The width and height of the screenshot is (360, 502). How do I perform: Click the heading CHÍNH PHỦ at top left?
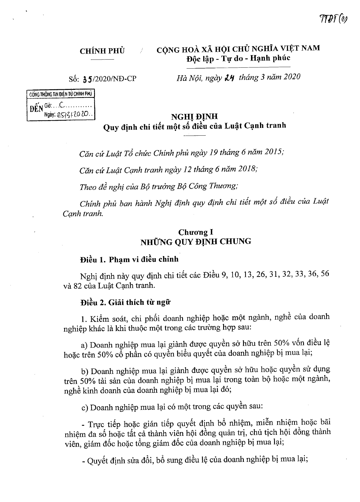pos(102,51)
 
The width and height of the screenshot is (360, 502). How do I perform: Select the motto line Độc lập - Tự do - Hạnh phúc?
pos(238,59)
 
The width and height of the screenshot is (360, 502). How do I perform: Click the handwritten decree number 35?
pos(88,79)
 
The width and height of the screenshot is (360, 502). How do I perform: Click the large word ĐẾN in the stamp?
pos(37,109)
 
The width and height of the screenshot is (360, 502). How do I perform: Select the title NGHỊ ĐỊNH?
pos(194,116)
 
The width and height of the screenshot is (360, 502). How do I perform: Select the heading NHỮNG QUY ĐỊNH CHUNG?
pos(196,241)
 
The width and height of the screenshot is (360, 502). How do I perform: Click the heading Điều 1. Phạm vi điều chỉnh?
pos(129,259)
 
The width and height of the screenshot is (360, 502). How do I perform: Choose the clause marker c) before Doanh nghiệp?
pos(85,408)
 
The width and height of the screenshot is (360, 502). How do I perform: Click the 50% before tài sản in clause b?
pos(87,382)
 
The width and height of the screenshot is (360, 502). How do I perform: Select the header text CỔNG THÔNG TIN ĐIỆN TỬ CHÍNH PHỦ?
pos(61,94)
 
